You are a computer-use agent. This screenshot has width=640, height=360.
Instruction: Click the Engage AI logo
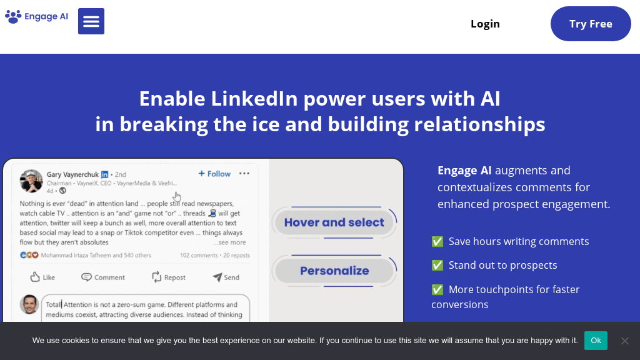click(x=37, y=17)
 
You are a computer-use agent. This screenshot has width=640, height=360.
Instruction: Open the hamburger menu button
click(x=91, y=21)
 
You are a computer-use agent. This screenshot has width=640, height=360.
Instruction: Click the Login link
click(x=485, y=24)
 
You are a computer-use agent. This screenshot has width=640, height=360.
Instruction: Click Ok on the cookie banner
click(x=596, y=341)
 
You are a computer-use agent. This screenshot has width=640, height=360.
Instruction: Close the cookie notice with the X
click(x=624, y=341)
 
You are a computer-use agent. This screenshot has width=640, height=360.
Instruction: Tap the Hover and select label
click(x=334, y=222)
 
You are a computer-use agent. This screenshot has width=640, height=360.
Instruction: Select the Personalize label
click(x=334, y=271)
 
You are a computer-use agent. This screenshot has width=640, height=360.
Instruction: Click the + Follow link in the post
click(x=214, y=174)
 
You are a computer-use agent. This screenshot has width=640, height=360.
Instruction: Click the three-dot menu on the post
click(x=244, y=174)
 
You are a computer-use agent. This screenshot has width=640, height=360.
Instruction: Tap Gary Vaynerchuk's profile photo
click(x=31, y=181)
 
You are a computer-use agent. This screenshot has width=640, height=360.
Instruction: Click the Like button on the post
click(x=42, y=277)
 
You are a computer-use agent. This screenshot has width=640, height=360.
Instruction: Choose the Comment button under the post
click(x=103, y=277)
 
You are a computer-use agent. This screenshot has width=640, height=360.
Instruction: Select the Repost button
click(x=169, y=277)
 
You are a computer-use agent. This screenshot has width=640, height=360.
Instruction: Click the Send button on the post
click(x=226, y=277)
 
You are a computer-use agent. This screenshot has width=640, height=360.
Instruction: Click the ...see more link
click(x=230, y=242)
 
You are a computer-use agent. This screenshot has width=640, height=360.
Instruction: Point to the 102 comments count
click(x=199, y=255)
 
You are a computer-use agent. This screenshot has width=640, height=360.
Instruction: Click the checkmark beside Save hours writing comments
click(x=437, y=241)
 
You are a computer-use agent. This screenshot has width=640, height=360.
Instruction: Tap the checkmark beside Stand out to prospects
click(x=437, y=265)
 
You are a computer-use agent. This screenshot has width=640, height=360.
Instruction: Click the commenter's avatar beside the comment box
click(x=29, y=304)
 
